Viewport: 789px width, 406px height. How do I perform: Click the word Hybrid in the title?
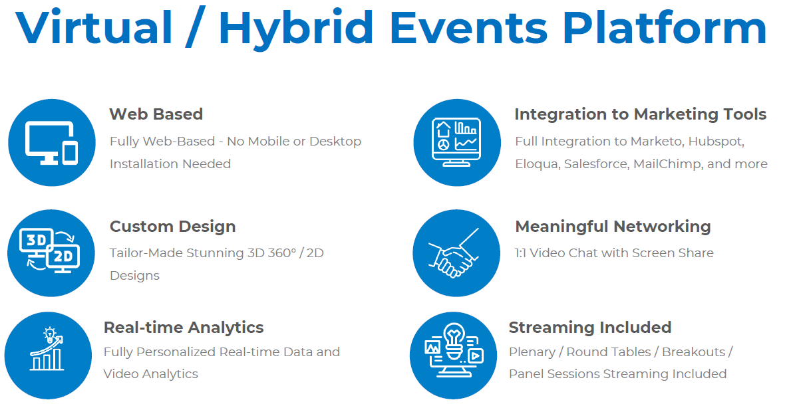[x=296, y=28]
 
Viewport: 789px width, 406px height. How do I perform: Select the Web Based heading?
[x=156, y=114]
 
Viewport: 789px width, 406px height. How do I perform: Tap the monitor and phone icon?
[x=52, y=143]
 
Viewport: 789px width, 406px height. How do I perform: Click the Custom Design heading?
[x=172, y=227]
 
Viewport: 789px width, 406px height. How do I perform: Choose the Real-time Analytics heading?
[x=184, y=328]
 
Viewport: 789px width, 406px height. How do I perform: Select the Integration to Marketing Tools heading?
[x=641, y=114]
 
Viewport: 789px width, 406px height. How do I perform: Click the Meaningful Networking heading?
[x=613, y=227]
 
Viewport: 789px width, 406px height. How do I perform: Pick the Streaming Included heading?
[x=589, y=328]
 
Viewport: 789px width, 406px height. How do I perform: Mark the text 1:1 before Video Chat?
[x=520, y=253]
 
